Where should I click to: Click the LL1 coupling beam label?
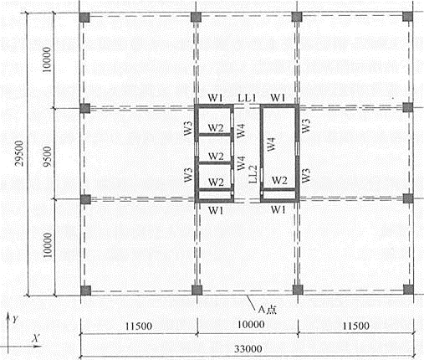(247, 98)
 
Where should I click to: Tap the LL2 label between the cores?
(253, 174)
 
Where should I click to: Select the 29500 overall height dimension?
(19, 153)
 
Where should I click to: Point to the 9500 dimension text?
(47, 157)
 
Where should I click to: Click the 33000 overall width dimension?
(248, 349)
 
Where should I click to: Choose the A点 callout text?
(268, 310)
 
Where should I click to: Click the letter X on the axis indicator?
(36, 338)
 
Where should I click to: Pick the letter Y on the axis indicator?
(15, 319)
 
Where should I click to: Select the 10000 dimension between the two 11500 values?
(251, 325)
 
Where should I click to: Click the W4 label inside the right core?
(271, 144)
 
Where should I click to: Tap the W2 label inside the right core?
(279, 180)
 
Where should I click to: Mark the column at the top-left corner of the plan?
(84, 18)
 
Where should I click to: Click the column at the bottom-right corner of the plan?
(408, 290)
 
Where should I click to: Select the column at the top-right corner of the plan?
(407, 17)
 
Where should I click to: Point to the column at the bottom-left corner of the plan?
(85, 291)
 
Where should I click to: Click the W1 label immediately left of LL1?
(216, 98)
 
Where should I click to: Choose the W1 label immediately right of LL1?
(278, 98)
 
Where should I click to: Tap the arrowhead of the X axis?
(38, 347)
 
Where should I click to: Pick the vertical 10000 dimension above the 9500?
(47, 59)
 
